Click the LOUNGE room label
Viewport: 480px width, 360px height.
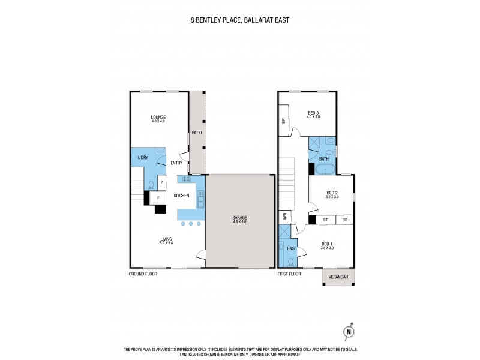[x=158, y=117]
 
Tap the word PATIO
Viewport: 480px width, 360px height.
[x=196, y=133]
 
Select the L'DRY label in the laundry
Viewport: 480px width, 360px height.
[x=143, y=157]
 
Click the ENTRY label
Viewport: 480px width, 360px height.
[x=176, y=163]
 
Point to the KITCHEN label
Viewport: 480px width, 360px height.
[x=182, y=196]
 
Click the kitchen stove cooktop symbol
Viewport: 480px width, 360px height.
[x=186, y=179]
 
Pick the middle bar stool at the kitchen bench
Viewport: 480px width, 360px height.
[x=191, y=224]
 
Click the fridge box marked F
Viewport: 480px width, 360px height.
[x=158, y=197]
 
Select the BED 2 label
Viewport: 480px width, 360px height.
[x=332, y=193]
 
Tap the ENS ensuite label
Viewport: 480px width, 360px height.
[x=291, y=247]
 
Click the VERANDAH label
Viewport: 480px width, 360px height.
[x=339, y=277]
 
